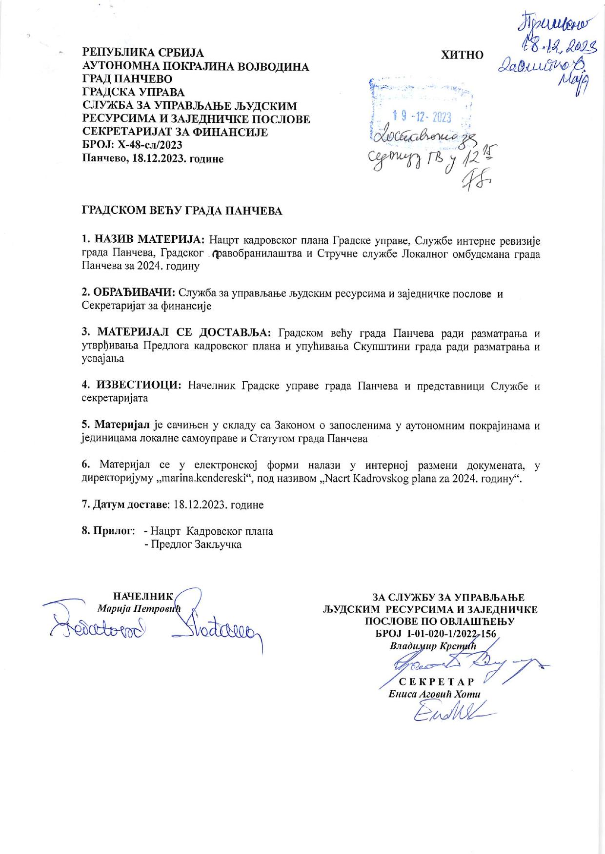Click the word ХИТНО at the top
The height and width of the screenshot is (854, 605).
click(462, 55)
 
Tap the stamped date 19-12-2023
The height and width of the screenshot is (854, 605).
click(422, 117)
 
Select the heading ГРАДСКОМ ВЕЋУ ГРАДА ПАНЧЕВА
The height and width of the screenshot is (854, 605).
click(181, 211)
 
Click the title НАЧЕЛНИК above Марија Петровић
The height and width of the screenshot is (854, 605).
click(143, 596)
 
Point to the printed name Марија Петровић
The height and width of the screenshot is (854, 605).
click(139, 608)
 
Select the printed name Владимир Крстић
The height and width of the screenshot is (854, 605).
click(433, 646)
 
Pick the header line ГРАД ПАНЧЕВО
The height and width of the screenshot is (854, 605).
click(127, 79)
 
